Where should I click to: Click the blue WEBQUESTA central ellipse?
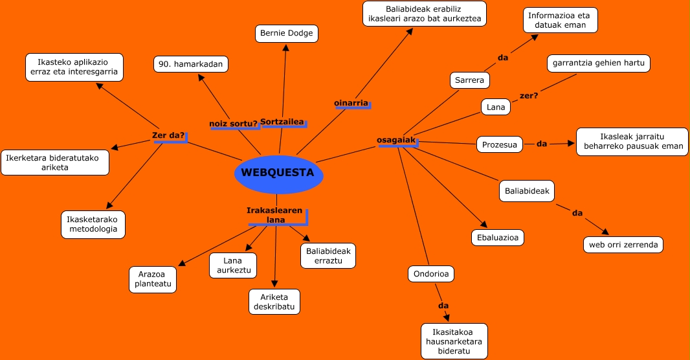(278, 174)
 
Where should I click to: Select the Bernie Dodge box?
(286, 33)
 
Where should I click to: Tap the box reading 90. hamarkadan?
(191, 64)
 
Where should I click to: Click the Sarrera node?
(469, 80)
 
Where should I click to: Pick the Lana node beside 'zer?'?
(495, 107)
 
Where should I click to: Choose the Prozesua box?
(499, 144)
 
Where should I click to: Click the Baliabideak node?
(527, 191)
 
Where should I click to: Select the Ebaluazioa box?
(496, 238)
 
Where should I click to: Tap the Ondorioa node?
(430, 274)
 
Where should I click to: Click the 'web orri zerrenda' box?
(623, 245)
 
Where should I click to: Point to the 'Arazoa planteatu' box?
(152, 279)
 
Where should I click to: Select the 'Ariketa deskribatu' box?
(274, 301)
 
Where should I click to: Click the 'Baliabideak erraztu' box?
(328, 256)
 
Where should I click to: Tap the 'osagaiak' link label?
(396, 140)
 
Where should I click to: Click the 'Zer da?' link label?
(168, 136)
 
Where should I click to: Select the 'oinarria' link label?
(351, 103)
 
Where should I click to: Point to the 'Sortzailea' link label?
(282, 122)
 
